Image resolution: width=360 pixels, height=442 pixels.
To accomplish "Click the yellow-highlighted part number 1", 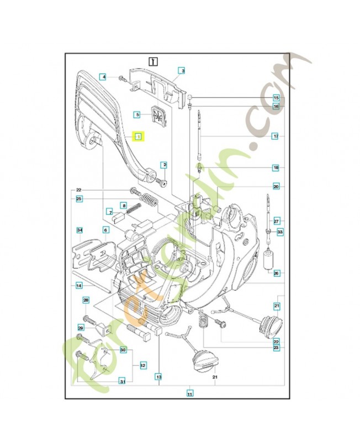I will pyautogui.click(x=138, y=136).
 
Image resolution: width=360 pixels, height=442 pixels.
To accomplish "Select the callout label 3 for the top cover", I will pyautogui.click(x=181, y=71).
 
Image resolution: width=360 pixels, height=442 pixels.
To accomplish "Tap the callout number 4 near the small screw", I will pyautogui.click(x=103, y=77).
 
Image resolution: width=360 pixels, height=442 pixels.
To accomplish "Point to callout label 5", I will pyautogui.click(x=139, y=114).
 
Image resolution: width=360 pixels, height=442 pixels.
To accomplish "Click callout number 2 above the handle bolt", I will pyautogui.click(x=164, y=165).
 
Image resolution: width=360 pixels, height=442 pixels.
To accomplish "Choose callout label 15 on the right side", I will pyautogui.click(x=276, y=98).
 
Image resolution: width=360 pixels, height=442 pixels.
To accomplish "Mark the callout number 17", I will pyautogui.click(x=276, y=135).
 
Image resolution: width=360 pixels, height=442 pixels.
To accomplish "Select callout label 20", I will pyautogui.click(x=276, y=187).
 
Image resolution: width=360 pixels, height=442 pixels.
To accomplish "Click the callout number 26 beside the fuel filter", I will pyautogui.click(x=276, y=272).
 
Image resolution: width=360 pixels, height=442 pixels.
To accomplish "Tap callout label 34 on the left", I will pyautogui.click(x=79, y=229).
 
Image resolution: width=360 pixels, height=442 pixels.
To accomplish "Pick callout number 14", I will pyautogui.click(x=79, y=285).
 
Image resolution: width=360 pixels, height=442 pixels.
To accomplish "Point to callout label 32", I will pyautogui.click(x=142, y=365).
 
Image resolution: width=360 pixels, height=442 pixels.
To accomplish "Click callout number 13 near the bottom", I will pyautogui.click(x=158, y=377).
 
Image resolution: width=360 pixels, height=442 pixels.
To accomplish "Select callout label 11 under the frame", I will pyautogui.click(x=189, y=394).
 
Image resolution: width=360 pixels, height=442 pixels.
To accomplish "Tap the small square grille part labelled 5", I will pyautogui.click(x=158, y=117).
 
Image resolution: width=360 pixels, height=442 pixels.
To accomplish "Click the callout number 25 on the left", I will pyautogui.click(x=79, y=199).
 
